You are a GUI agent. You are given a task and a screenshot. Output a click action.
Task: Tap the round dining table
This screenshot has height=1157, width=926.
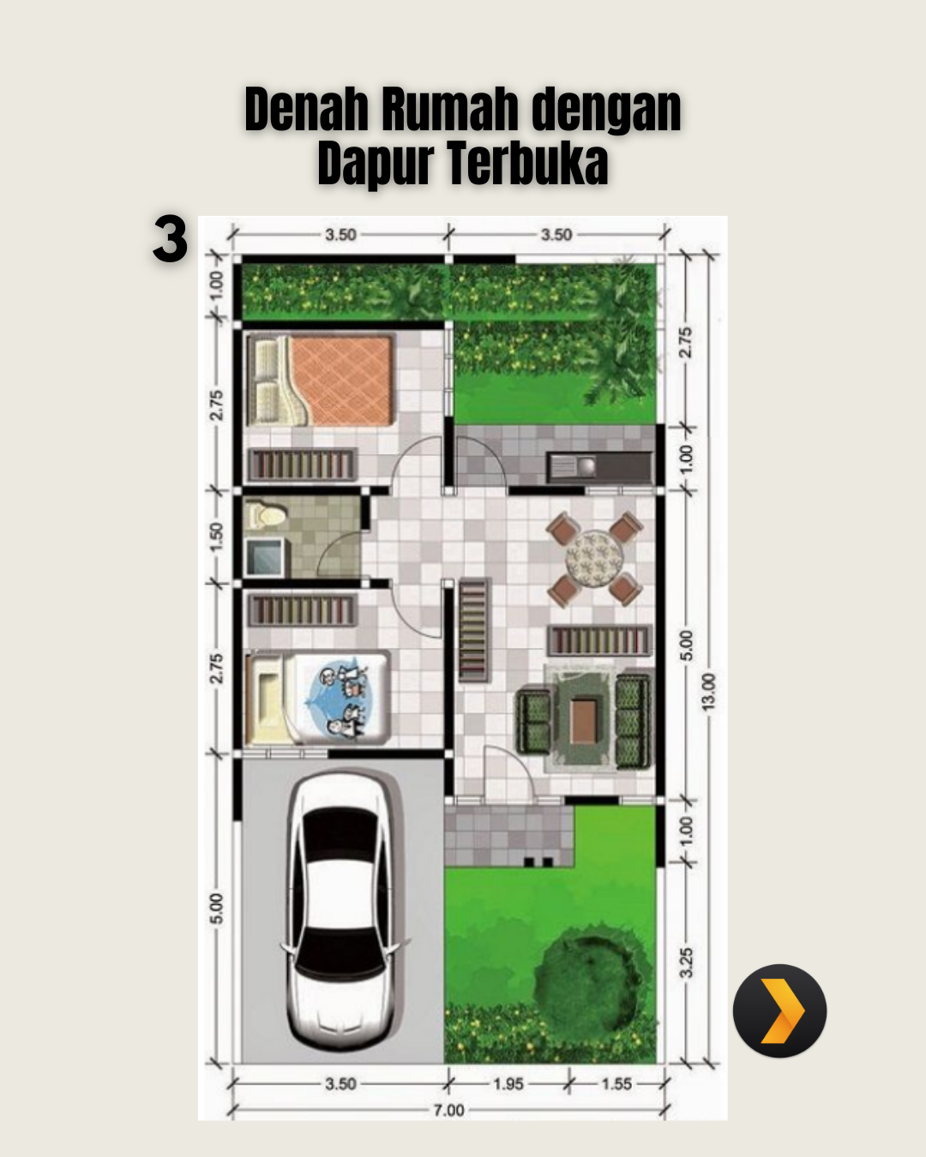pyautogui.click(x=594, y=559)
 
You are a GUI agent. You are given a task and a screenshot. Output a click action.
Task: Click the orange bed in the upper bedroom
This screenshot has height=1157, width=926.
pyautogui.click(x=322, y=381)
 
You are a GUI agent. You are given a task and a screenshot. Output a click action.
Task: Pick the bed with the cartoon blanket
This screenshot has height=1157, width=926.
pyautogui.click(x=317, y=698)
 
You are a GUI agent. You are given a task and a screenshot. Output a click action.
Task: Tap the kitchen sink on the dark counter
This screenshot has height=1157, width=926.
pyautogui.click(x=572, y=467)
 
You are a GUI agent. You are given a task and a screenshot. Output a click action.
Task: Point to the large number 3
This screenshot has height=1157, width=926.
pyautogui.click(x=170, y=239)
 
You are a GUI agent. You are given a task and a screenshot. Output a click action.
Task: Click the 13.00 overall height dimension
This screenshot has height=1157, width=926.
pyautogui.click(x=709, y=692)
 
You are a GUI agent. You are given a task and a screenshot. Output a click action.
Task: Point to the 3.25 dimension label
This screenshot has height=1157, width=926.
pyautogui.click(x=686, y=963)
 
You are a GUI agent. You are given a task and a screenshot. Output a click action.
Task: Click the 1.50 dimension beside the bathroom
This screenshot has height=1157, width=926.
pyautogui.click(x=216, y=536)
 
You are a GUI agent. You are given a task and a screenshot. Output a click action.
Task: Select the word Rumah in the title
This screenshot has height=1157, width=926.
pyautogui.click(x=453, y=109)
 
